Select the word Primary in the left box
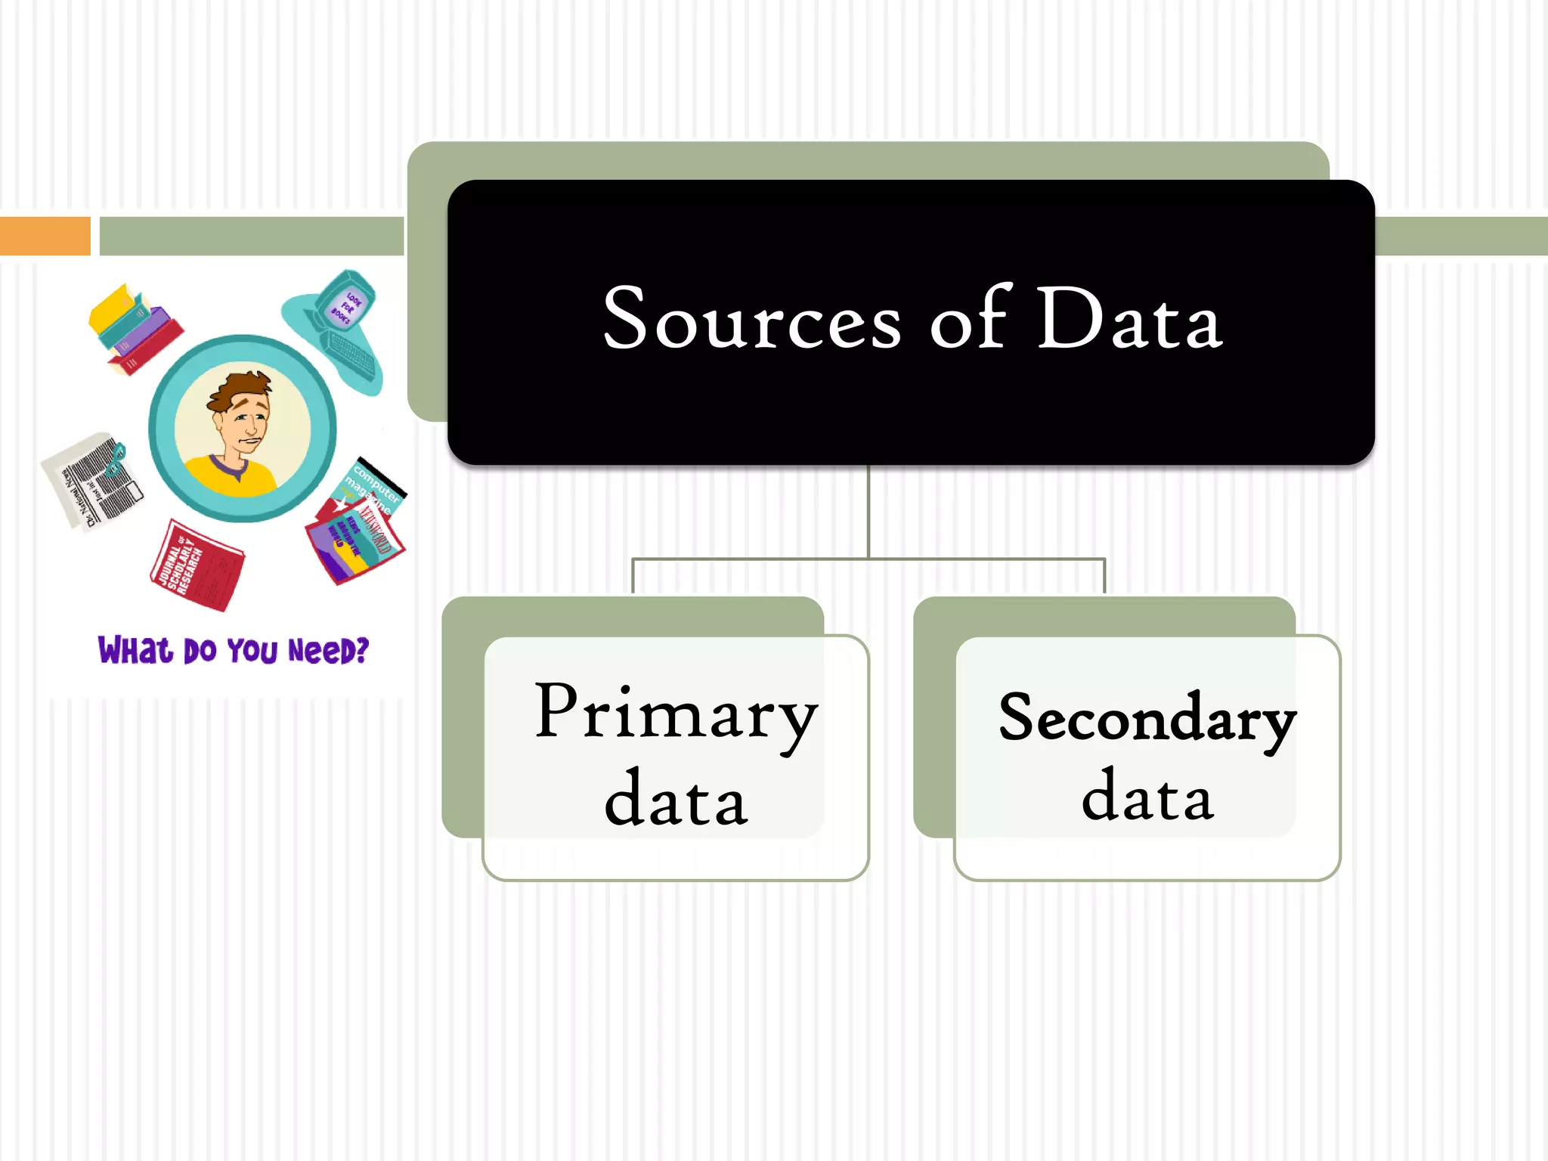click(676, 714)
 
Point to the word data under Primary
click(676, 799)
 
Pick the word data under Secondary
click(1147, 797)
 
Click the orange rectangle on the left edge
click(45, 236)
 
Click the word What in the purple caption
click(135, 651)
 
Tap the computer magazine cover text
click(374, 488)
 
